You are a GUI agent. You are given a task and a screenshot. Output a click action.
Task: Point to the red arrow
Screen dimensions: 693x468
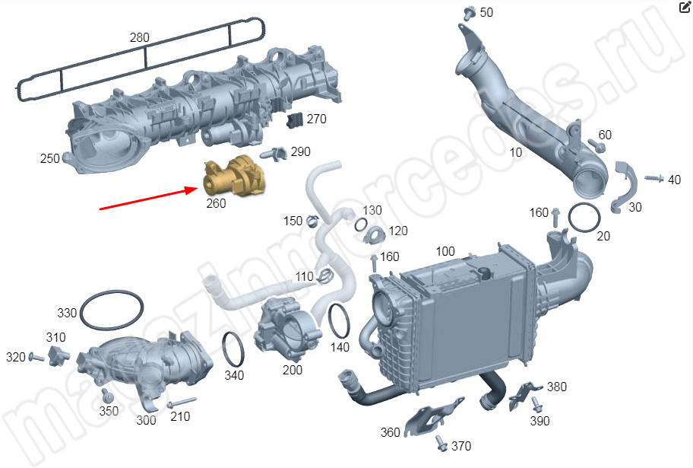(149, 199)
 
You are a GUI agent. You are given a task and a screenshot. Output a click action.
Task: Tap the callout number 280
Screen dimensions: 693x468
(139, 37)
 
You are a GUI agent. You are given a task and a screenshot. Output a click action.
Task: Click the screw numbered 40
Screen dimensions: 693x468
(654, 178)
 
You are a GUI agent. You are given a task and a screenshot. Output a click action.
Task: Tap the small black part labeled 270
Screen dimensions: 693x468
(296, 119)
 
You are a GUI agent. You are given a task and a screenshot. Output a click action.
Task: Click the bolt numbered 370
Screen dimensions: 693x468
(441, 443)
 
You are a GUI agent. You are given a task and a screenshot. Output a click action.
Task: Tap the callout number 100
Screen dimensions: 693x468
(445, 251)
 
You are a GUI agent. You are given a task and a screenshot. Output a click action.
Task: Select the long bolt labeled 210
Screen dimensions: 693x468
(181, 402)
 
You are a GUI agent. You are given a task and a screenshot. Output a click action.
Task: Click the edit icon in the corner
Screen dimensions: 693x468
(685, 7)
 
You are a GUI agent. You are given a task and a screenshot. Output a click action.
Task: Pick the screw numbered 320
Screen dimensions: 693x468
(36, 357)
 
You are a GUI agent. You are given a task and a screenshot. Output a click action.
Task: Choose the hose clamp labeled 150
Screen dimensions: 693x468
(312, 219)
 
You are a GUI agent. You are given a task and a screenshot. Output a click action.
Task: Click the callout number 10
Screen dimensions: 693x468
(516, 153)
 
